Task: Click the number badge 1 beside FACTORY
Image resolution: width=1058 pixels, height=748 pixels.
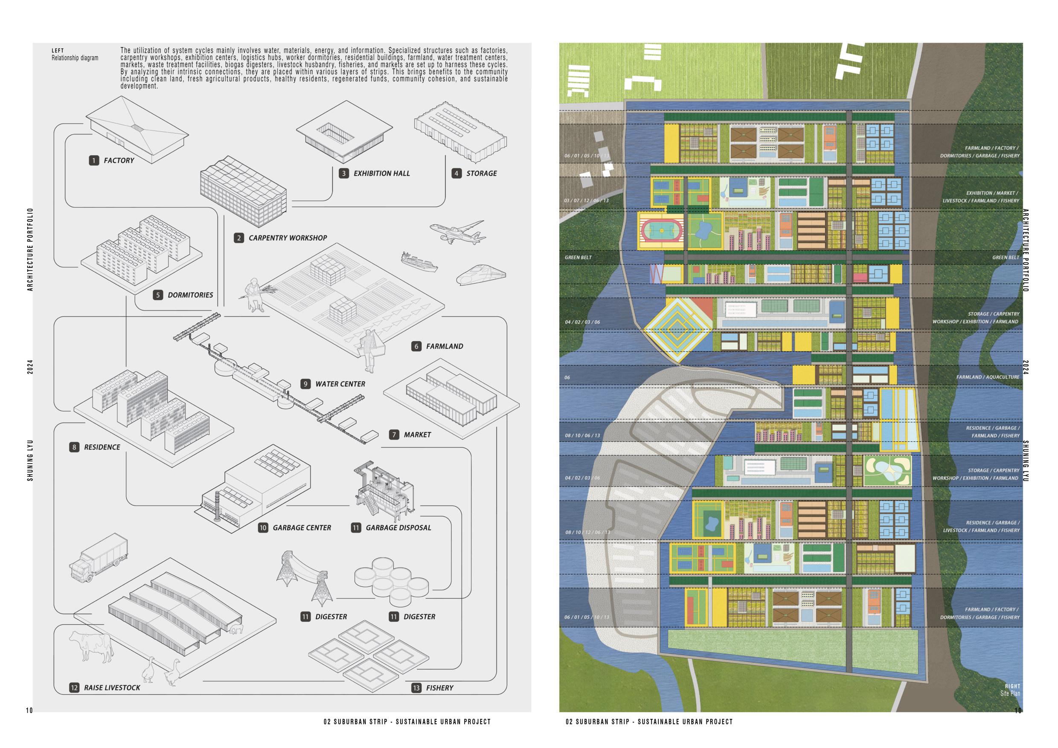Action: coord(94,160)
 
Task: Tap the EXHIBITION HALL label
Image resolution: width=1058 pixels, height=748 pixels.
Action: coord(381,174)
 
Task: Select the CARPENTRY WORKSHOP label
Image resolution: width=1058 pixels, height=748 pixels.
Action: coord(288,238)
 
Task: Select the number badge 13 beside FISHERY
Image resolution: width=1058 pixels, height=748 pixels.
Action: coord(416,688)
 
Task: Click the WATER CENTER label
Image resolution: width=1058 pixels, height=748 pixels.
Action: coord(340,384)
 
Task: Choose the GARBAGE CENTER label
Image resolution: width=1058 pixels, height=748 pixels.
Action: coord(302,528)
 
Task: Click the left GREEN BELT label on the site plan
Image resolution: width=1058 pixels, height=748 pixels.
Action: coord(578,258)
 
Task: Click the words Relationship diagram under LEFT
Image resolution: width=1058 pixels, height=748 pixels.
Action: coord(75,58)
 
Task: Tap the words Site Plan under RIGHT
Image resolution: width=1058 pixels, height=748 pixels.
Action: coord(1010,693)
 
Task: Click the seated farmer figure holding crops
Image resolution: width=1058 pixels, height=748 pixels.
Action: coord(253,295)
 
